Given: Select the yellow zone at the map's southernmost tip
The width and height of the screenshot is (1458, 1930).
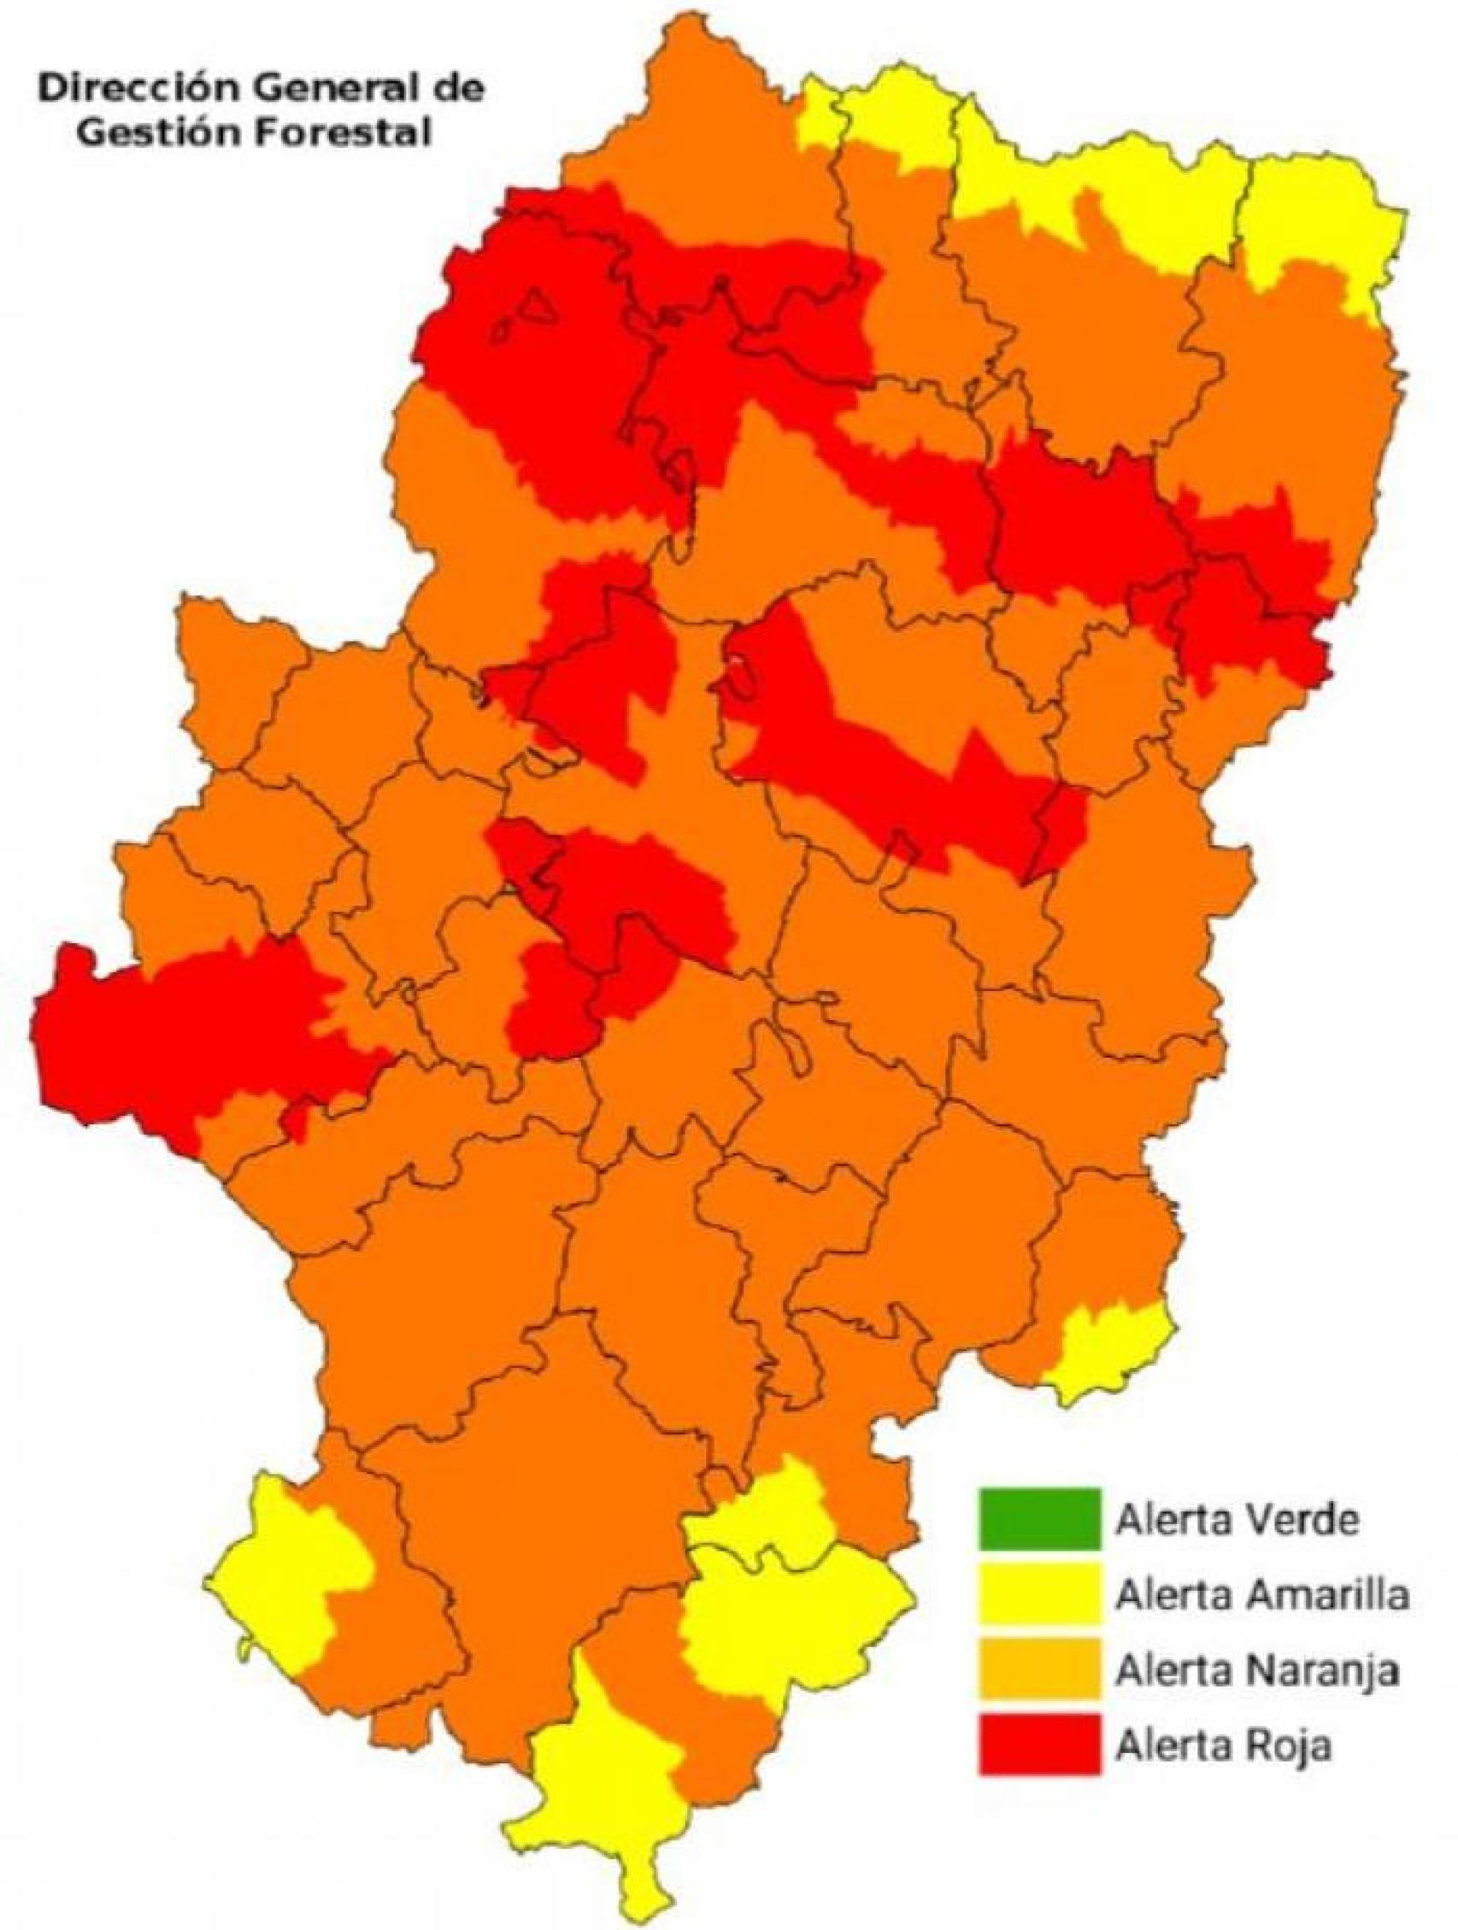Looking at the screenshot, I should point(602,1798).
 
